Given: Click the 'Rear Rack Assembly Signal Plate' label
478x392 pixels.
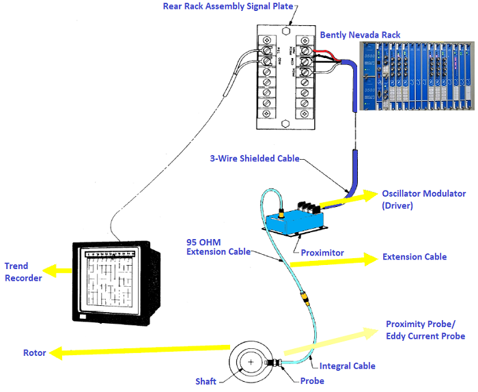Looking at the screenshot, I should point(227,7).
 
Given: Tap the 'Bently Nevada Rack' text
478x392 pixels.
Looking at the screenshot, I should point(360,34).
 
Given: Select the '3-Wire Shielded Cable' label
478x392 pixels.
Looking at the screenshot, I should point(255,158).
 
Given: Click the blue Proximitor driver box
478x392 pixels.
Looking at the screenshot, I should point(294,219).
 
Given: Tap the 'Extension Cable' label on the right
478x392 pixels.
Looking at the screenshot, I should point(414,257).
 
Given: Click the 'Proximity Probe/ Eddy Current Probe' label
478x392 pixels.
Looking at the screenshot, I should point(425,330).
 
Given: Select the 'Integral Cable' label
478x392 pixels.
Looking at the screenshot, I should point(347,366).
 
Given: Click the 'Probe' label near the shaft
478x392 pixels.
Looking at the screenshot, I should point(312,380).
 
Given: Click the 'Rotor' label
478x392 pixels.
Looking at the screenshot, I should point(34,353).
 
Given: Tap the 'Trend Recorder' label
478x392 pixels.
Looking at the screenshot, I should point(23,272).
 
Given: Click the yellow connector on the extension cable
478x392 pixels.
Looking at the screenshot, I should point(304,298).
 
